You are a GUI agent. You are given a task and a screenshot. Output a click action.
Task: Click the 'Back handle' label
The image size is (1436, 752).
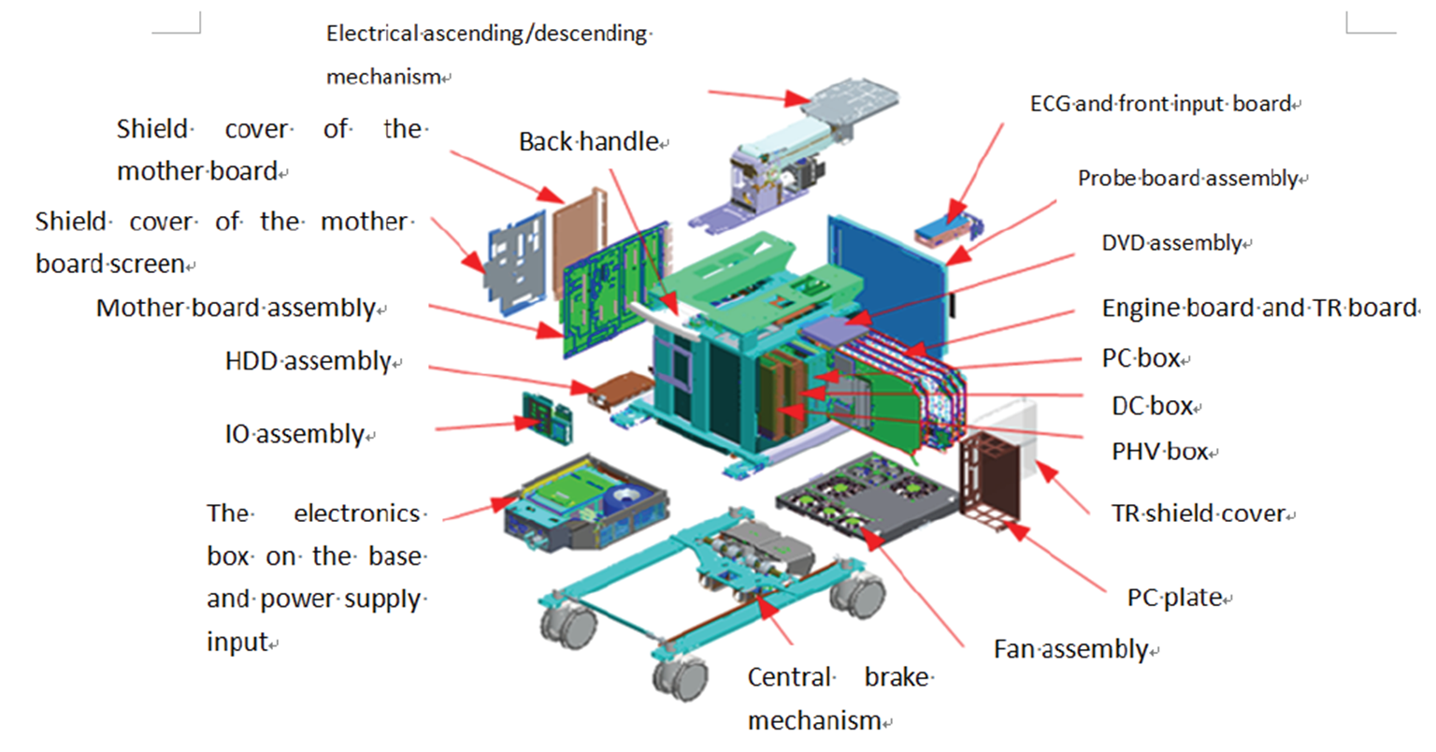point(589,142)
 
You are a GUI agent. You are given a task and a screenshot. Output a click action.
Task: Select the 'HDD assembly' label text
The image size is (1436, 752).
point(308,361)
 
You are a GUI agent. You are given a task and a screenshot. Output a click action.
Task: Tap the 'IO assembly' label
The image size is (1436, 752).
point(294,434)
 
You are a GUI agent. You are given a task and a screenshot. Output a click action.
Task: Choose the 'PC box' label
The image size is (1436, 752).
point(1141,358)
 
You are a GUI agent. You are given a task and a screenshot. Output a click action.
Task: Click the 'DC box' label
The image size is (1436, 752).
point(1152,406)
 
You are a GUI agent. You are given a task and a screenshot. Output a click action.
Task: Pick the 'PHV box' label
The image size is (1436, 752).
point(1159,452)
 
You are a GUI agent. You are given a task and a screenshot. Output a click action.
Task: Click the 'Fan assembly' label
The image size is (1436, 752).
point(1070,649)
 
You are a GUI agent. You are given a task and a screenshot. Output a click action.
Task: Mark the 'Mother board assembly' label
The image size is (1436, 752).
point(236,308)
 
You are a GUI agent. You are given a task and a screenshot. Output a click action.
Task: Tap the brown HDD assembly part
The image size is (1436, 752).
point(618,388)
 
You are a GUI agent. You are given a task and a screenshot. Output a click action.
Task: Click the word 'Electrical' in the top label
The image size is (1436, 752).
point(372,34)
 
